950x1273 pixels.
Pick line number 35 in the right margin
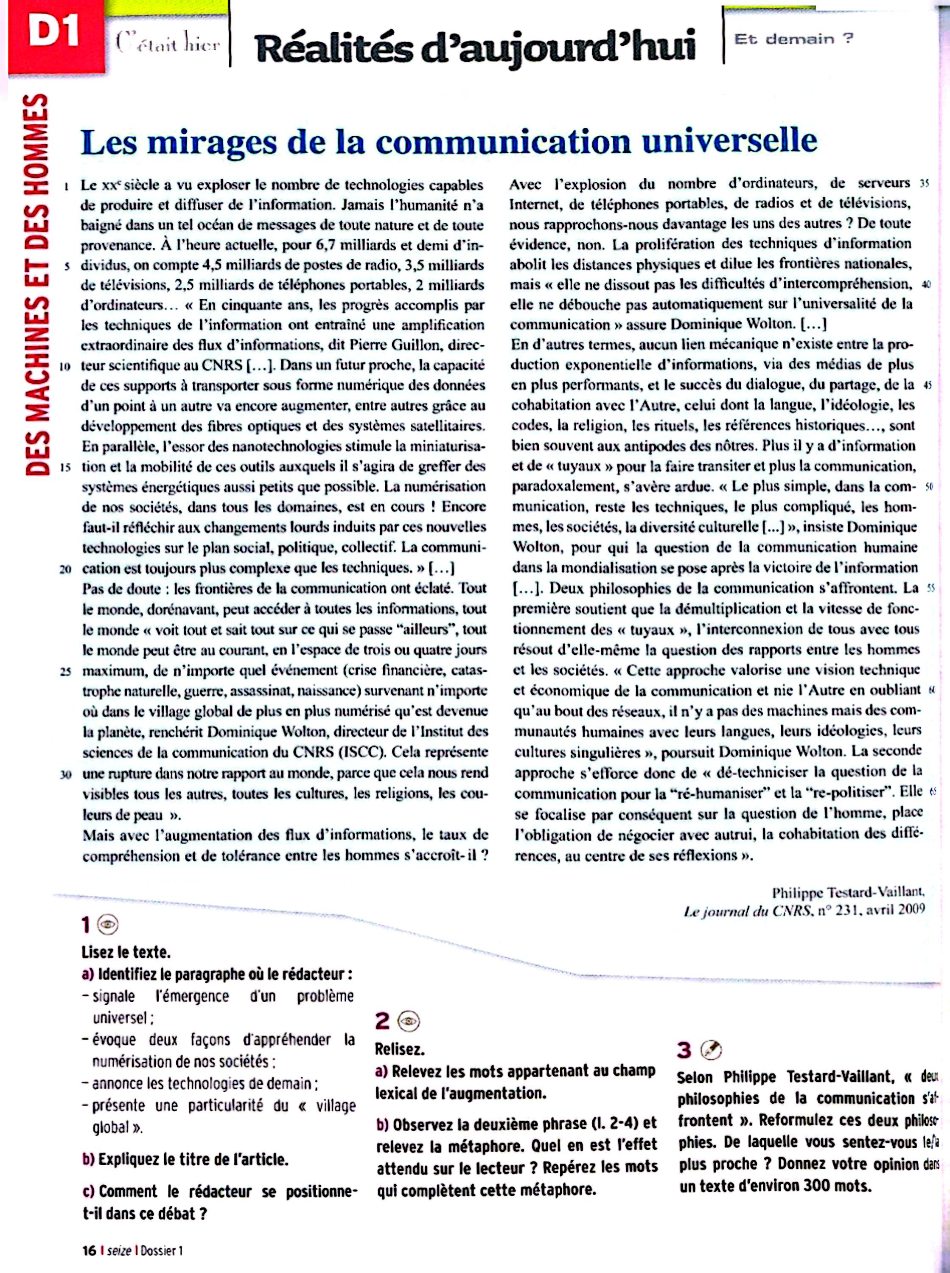click(x=925, y=185)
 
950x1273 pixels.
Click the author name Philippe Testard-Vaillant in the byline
click(x=848, y=892)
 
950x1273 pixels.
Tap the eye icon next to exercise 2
click(x=410, y=1021)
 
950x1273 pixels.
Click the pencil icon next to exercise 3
click(x=712, y=1050)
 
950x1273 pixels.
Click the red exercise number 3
click(x=684, y=1050)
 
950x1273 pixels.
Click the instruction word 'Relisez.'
click(x=400, y=1049)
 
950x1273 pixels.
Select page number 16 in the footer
click(x=89, y=1251)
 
